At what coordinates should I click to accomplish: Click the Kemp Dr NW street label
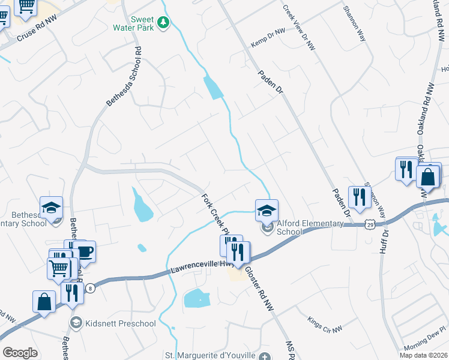(268, 40)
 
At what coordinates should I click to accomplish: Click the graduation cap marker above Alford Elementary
(267, 210)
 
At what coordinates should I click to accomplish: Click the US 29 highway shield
(369, 224)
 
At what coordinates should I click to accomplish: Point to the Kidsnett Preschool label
(120, 324)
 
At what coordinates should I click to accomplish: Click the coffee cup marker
(85, 251)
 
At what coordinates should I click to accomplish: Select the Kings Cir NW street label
(324, 325)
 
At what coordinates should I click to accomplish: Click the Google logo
(20, 353)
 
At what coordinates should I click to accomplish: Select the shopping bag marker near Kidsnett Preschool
(44, 301)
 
